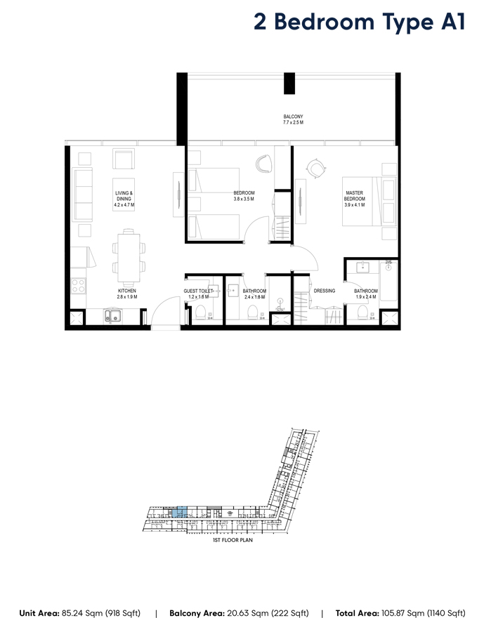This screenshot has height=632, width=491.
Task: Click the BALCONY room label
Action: point(293,119)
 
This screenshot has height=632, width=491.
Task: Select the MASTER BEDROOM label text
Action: point(355,199)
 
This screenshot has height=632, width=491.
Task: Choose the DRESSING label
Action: point(325,291)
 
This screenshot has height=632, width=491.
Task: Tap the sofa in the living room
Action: point(83,194)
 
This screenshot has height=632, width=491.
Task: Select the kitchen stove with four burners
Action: point(78,286)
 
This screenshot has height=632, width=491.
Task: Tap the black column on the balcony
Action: point(289,82)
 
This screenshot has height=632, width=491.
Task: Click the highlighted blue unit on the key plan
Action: point(181,512)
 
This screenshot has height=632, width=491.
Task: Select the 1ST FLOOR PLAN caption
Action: point(233,541)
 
